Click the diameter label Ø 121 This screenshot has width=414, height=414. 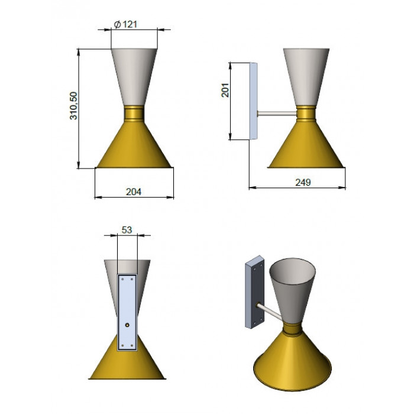125,25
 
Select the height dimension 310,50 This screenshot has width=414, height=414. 73,106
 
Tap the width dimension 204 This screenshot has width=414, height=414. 134,192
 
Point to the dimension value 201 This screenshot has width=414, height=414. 225,90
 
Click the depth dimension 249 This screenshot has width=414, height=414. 303,182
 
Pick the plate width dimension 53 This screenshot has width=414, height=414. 127,230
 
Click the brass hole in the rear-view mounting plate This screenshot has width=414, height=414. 127,325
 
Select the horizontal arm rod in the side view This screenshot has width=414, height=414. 277,114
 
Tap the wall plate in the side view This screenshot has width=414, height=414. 254,101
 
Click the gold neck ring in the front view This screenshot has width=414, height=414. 134,113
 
